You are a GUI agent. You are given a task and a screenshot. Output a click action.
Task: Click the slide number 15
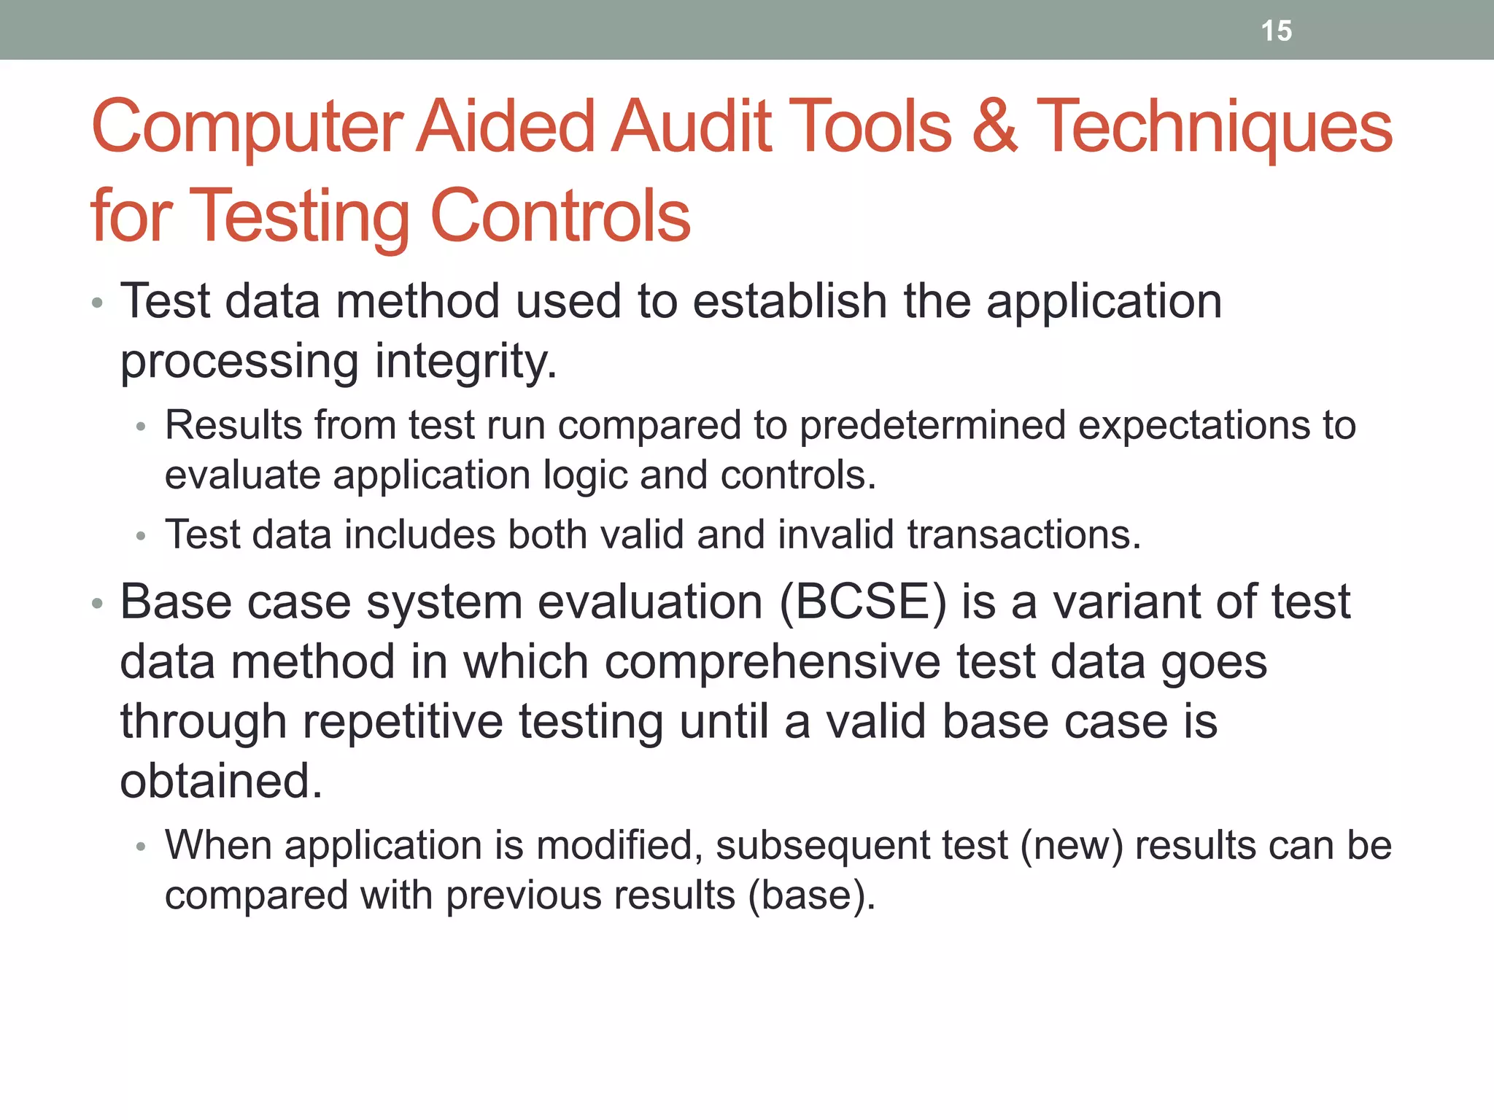(1276, 31)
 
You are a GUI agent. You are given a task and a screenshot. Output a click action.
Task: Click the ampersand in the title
(994, 127)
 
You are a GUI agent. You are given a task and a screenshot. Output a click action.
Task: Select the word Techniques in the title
(1214, 127)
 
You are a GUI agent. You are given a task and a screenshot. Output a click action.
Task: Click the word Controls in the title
(560, 217)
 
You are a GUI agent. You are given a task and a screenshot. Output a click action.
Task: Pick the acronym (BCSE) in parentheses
(863, 603)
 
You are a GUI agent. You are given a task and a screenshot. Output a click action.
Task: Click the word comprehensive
(773, 662)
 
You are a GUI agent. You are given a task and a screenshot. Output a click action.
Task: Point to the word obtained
(220, 782)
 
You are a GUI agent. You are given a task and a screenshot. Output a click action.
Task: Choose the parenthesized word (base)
(811, 895)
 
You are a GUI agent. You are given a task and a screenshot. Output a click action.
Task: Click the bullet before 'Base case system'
(98, 604)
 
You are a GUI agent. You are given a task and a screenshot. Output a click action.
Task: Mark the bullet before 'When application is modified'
(142, 847)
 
